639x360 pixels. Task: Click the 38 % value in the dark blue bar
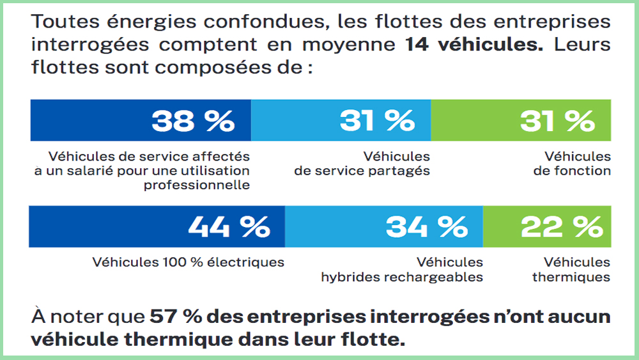192,121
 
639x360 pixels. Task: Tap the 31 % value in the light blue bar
377,121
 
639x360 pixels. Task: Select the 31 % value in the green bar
557,121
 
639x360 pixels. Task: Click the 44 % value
229,226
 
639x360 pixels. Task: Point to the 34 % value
426,226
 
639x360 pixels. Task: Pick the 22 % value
562,226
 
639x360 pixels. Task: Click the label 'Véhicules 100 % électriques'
188,262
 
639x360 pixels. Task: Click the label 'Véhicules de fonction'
572,164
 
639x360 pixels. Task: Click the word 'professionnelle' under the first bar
196,185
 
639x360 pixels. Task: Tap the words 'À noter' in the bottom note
66,317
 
